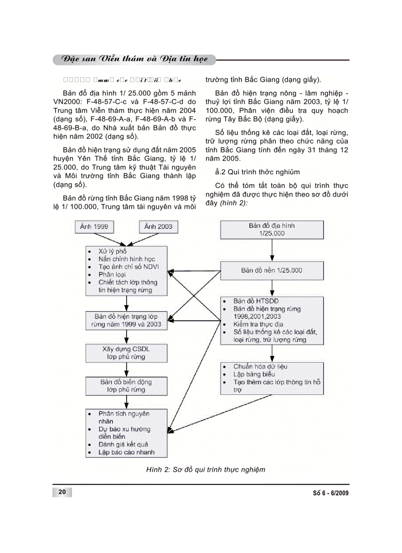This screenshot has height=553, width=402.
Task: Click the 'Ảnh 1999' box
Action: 95,227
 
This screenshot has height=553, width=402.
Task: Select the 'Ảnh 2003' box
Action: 158,227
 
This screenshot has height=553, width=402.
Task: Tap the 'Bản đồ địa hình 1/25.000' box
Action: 271,229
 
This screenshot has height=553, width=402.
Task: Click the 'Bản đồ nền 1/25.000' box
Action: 271,270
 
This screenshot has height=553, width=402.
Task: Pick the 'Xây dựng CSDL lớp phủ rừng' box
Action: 127,353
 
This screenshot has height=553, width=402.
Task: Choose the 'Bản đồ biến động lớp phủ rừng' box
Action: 127,386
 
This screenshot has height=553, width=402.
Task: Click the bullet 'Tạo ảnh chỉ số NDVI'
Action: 132,266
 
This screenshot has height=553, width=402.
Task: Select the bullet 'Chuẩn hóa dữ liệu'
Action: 261,366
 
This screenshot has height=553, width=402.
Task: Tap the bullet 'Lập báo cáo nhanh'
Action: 127,452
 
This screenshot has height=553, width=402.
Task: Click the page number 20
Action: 62,492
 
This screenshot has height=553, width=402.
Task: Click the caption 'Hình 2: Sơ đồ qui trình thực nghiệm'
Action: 205,469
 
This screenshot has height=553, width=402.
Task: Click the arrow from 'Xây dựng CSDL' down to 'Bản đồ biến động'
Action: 127,369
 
